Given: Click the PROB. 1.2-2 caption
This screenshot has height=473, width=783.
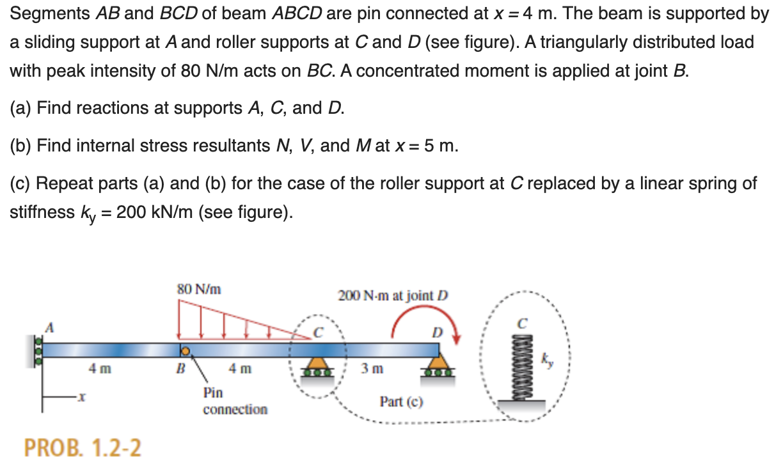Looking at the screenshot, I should click(83, 448).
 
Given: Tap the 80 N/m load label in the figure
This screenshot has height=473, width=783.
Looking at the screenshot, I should click(199, 289).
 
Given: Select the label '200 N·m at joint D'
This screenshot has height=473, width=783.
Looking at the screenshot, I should click(393, 295).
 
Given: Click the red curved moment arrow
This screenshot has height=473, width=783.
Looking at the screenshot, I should click(427, 323).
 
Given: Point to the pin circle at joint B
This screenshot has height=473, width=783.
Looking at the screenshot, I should click(184, 350).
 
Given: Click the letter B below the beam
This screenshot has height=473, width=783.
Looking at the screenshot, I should click(181, 369).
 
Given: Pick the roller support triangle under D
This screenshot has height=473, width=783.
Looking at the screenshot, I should click(439, 365).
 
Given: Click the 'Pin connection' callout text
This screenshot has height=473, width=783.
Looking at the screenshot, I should click(235, 401).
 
